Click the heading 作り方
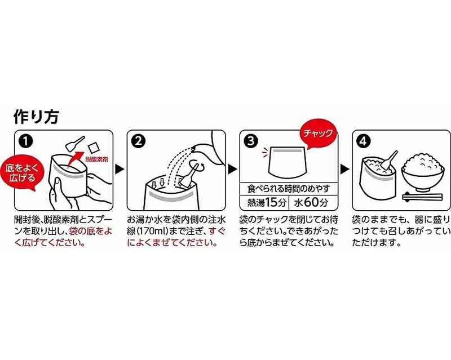click(x=36, y=117)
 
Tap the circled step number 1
click(x=25, y=141)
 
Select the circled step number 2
click(x=138, y=141)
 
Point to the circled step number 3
click(x=251, y=141)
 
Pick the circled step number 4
click(x=364, y=141)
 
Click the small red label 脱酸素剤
click(x=97, y=159)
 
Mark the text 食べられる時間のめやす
click(x=289, y=189)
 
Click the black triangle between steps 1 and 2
click(x=120, y=169)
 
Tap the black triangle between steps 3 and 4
click(x=344, y=169)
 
